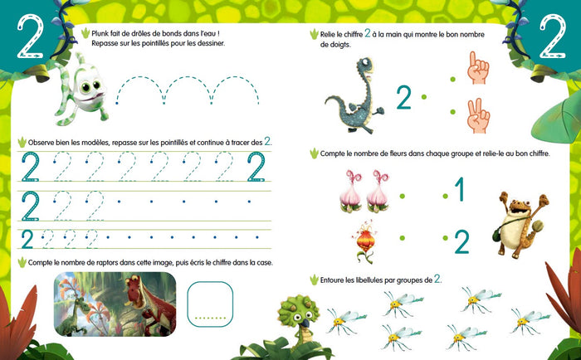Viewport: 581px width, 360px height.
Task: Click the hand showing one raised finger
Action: [478, 69]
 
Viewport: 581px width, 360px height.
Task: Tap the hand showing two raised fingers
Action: [478, 117]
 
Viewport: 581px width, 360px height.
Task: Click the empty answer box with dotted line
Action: [210, 304]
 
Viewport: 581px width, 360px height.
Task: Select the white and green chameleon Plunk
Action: [81, 89]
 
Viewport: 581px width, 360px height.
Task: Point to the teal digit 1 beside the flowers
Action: [460, 189]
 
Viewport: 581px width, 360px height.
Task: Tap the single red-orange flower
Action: [365, 241]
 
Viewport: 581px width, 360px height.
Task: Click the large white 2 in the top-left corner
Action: [31, 37]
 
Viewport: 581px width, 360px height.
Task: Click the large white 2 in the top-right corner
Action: [553, 37]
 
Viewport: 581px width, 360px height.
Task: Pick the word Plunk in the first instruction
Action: [100, 34]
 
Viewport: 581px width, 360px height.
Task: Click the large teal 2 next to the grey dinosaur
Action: [403, 98]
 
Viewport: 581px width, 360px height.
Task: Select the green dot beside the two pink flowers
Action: [402, 197]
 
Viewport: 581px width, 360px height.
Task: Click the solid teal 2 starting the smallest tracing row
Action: [27, 239]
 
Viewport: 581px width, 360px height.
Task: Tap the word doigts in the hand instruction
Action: [339, 45]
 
